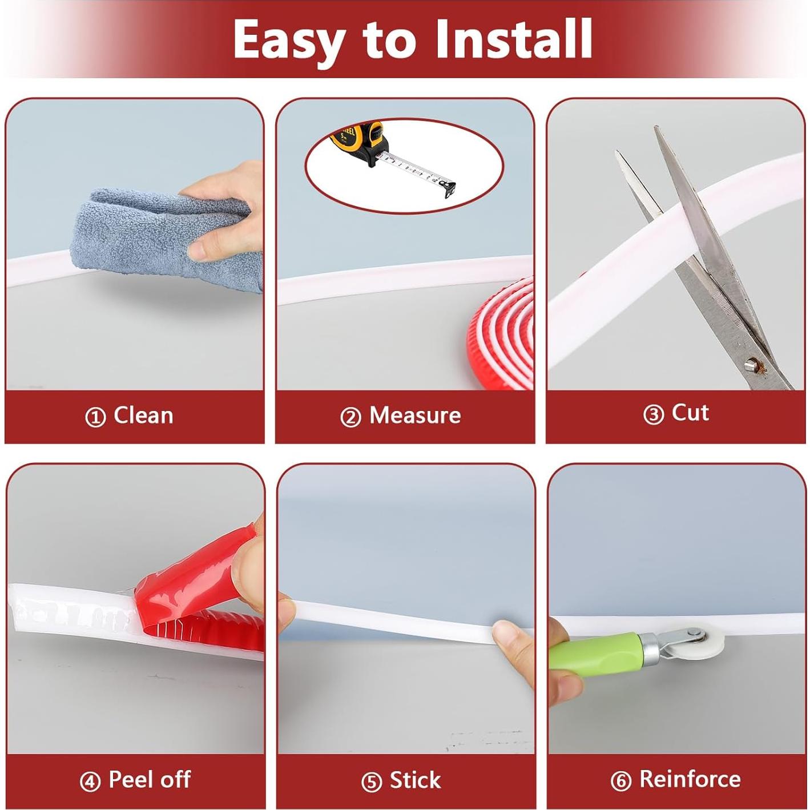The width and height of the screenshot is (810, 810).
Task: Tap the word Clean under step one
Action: click(x=143, y=415)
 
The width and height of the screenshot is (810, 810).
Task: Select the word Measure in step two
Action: click(x=415, y=415)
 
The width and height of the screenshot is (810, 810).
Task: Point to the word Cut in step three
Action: click(x=690, y=412)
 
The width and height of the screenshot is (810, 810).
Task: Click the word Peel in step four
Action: click(x=131, y=779)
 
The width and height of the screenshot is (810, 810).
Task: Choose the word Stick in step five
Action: click(x=415, y=780)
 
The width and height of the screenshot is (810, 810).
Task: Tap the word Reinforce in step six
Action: click(x=690, y=779)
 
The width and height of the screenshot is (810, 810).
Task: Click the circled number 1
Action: click(x=95, y=417)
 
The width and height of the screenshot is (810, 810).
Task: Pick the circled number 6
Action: click(x=621, y=781)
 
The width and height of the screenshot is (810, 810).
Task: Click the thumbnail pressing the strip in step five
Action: click(x=503, y=632)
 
